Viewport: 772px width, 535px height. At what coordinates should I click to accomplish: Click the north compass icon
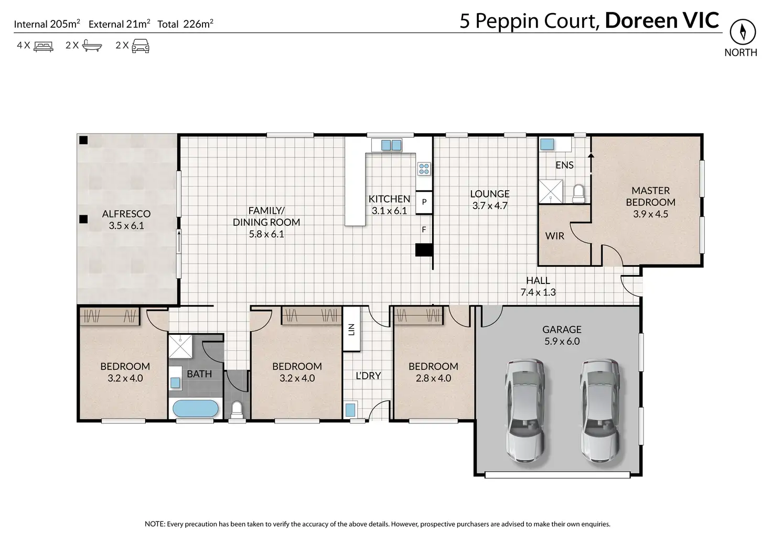(743, 31)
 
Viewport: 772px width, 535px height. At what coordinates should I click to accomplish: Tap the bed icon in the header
(44, 47)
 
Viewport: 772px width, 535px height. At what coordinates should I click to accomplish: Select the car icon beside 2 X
(141, 46)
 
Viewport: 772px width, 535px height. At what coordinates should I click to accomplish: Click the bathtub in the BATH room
(196, 409)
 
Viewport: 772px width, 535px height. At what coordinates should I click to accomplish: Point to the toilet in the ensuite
(578, 194)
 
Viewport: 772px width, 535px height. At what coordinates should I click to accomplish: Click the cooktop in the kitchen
(424, 169)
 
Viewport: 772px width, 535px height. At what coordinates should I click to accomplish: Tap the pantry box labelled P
(424, 202)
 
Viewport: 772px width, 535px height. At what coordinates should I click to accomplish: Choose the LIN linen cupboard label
(351, 330)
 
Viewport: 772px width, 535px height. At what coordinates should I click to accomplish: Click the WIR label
(554, 236)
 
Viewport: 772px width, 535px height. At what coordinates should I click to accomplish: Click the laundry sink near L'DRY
(350, 410)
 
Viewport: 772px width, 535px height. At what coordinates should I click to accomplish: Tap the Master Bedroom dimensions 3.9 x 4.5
(650, 214)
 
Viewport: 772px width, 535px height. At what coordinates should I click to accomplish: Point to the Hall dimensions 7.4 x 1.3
(538, 292)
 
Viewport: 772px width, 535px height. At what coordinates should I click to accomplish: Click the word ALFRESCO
(126, 214)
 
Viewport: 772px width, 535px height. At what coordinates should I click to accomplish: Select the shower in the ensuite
(550, 191)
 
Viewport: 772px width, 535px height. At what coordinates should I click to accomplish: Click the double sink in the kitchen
(391, 145)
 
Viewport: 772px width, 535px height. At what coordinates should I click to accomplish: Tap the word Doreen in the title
(641, 20)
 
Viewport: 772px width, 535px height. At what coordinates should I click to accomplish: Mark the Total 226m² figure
(186, 24)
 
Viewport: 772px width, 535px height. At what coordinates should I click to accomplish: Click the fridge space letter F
(424, 230)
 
